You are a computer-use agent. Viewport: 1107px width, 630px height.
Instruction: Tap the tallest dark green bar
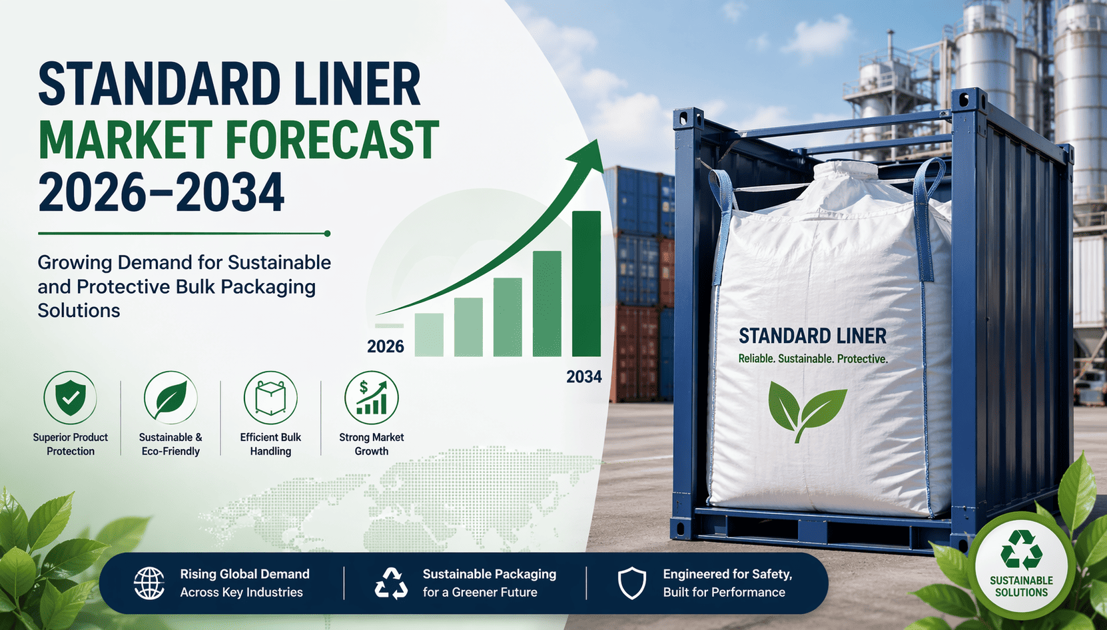pyautogui.click(x=587, y=284)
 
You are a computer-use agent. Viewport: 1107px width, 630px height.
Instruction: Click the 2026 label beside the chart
pyautogui.click(x=386, y=346)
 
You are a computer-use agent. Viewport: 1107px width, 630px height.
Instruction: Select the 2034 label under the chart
pyautogui.click(x=584, y=377)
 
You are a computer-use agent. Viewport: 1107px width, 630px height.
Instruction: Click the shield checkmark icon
pyautogui.click(x=70, y=398)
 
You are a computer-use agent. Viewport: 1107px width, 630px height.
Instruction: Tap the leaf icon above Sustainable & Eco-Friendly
pyautogui.click(x=171, y=398)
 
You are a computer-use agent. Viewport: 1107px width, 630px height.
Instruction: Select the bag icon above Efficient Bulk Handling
pyautogui.click(x=271, y=398)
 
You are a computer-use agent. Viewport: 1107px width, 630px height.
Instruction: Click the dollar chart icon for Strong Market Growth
pyautogui.click(x=372, y=398)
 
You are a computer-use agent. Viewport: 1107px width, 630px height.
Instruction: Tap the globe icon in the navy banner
pyautogui.click(x=149, y=583)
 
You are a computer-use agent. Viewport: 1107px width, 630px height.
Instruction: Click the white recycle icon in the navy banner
pyautogui.click(x=392, y=583)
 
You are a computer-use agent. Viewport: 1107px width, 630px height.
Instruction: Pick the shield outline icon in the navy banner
pyautogui.click(x=632, y=583)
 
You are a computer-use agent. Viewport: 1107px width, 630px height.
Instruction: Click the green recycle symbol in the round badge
pyautogui.click(x=1022, y=550)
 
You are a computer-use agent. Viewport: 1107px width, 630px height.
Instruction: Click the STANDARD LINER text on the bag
pyautogui.click(x=813, y=336)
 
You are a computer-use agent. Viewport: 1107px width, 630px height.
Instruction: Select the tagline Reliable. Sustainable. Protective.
pyautogui.click(x=813, y=359)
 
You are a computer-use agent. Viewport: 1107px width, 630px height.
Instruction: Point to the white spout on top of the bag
pyautogui.click(x=846, y=171)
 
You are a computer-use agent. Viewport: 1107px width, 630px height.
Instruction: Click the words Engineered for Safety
pyautogui.click(x=727, y=574)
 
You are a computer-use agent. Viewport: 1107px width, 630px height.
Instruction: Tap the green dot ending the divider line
pyautogui.click(x=327, y=234)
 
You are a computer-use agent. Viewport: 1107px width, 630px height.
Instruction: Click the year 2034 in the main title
pyautogui.click(x=230, y=192)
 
